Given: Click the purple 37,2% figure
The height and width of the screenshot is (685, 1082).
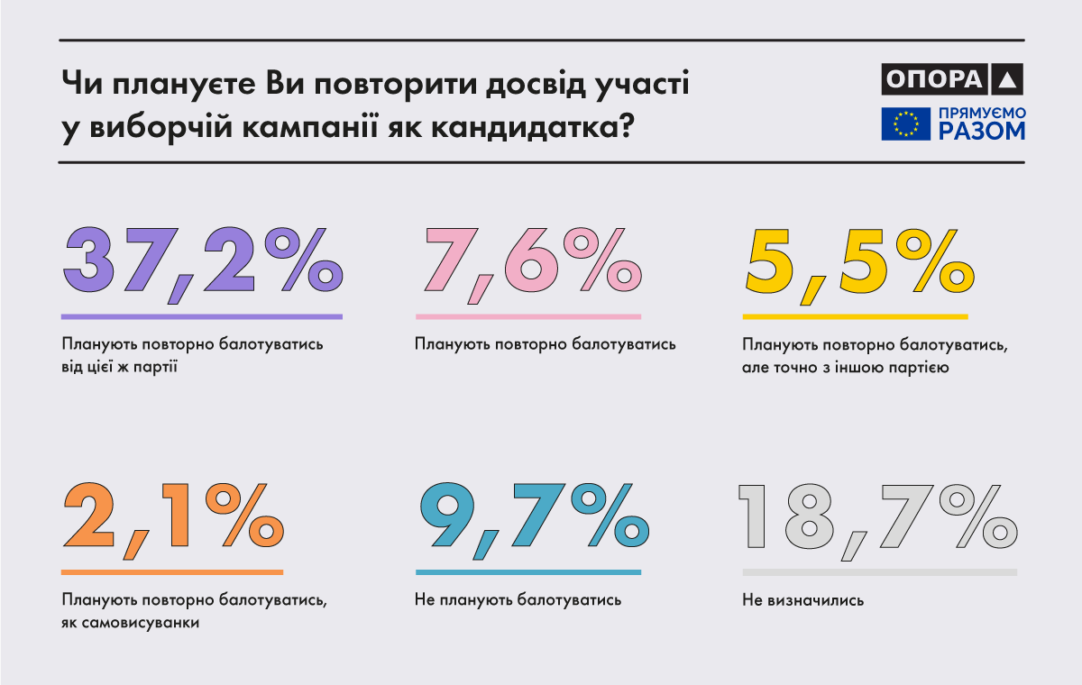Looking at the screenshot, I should tap(202, 261).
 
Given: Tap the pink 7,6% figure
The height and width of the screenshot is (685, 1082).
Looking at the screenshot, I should tap(527, 261).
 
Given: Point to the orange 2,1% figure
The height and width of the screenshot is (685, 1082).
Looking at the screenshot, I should tap(172, 517).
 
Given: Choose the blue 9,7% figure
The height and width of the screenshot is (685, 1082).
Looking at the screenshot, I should tap(531, 517).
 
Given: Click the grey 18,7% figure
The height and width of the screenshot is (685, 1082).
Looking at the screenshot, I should tap(879, 517).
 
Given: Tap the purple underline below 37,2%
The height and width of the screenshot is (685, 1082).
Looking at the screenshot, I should tap(202, 316).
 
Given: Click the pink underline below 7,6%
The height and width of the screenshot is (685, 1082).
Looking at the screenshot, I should tap(527, 316).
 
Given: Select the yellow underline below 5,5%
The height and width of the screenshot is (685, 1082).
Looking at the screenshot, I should tap(854, 316).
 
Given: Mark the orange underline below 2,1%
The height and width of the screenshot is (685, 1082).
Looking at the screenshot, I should tap(172, 571).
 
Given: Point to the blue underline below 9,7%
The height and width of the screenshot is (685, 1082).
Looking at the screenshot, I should tap(527, 571).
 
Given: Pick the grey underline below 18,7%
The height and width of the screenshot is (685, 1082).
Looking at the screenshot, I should tap(879, 571).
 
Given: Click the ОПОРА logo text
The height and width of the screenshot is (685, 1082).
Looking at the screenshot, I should tap(932, 79).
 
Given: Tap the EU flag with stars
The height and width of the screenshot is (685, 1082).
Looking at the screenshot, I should tap(905, 123).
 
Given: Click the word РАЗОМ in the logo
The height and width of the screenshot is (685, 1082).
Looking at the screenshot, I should tap(981, 132).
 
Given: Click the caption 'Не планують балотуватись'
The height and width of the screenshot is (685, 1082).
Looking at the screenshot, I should tap(518, 599).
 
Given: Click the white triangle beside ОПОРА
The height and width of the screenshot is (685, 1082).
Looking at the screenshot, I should tap(1007, 80).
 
